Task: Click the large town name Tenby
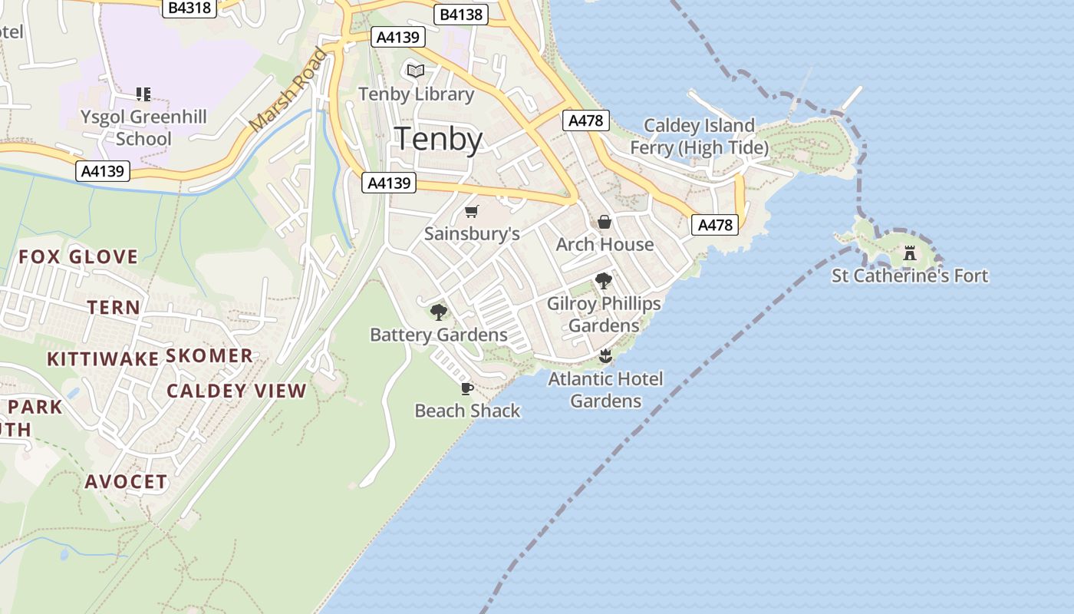(x=438, y=140)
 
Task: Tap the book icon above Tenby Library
(x=416, y=71)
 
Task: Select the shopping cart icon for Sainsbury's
(x=472, y=211)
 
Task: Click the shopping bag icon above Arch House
(x=605, y=222)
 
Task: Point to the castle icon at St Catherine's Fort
(x=910, y=253)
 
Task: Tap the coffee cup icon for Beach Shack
(x=466, y=388)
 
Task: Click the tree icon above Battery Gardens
(x=439, y=312)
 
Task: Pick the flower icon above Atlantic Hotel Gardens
(x=605, y=355)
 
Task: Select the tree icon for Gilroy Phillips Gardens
(x=604, y=281)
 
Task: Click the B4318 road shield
(x=189, y=8)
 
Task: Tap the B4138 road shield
(x=461, y=14)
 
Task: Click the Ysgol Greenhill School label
(x=144, y=128)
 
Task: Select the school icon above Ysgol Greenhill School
(x=143, y=94)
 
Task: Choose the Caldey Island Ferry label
(x=699, y=136)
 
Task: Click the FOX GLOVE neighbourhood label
(x=78, y=256)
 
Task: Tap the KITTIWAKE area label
(x=103, y=358)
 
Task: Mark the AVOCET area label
(x=126, y=482)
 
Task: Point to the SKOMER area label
(x=209, y=355)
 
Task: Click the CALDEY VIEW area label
(x=236, y=391)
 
